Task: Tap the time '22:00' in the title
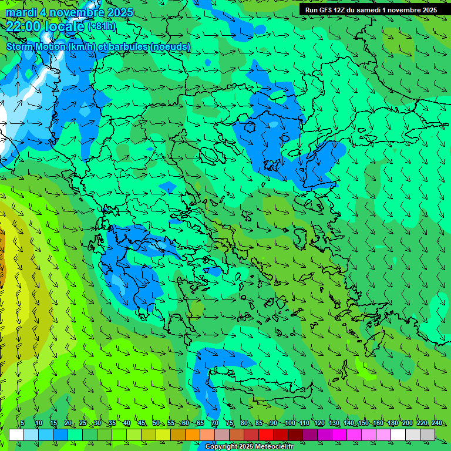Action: [x=26, y=26]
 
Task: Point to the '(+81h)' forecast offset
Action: [x=102, y=26]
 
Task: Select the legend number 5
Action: [x=22, y=423]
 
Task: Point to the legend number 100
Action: [x=290, y=423]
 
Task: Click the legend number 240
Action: [x=437, y=423]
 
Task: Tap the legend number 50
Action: [x=156, y=423]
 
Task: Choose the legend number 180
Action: [x=392, y=423]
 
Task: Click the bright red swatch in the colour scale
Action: [x=266, y=435]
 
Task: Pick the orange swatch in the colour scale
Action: [x=193, y=435]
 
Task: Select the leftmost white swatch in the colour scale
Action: [x=16, y=435]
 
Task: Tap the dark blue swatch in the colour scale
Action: [x=60, y=435]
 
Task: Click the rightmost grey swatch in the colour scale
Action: [x=428, y=435]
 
